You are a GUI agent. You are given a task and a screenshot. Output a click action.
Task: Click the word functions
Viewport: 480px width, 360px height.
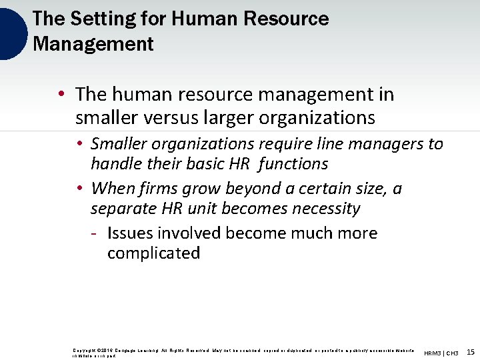point(294,164)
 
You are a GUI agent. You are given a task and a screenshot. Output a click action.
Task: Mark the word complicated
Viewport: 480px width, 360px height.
point(153,253)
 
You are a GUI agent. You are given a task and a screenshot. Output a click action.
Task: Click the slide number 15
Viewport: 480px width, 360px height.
point(471,352)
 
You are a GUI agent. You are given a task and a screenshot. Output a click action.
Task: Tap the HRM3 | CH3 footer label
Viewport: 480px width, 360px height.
point(441,353)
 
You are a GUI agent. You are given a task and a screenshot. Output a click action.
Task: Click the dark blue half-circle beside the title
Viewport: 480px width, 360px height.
point(12,32)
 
